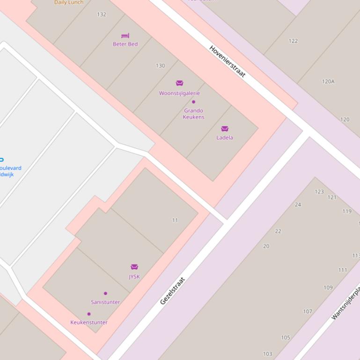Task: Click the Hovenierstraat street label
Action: point(227,62)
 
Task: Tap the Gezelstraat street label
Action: point(173,291)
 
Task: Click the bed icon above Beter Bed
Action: point(125,36)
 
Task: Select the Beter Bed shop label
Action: point(125,44)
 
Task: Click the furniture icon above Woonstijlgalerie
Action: point(179,83)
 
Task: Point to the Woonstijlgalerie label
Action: point(179,93)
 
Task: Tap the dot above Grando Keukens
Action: point(193,102)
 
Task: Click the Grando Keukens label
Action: point(193,114)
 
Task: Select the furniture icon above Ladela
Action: point(225,129)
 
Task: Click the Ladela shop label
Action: point(225,137)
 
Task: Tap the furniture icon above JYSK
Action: point(134,267)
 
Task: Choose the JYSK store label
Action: point(134,276)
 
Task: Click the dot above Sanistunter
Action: point(105,294)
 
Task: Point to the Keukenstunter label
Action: point(89,322)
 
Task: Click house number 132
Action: point(102,14)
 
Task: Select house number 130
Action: point(160,66)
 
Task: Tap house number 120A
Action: point(328,81)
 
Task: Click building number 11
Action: point(175,220)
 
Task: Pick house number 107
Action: point(308,311)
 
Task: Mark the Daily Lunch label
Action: point(69,2)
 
